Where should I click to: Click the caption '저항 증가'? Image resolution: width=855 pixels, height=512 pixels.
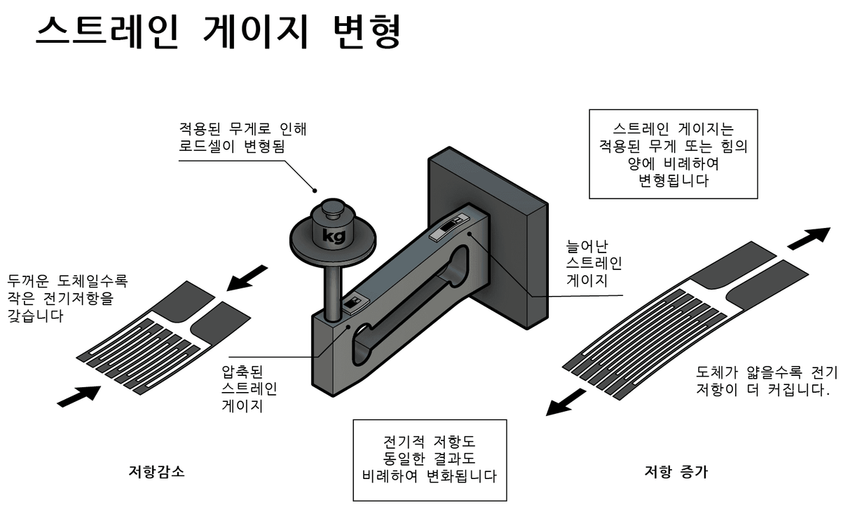[676, 471]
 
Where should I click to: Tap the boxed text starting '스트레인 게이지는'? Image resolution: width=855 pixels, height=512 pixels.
[673, 154]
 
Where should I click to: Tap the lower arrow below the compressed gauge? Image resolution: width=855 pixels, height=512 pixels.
[78, 396]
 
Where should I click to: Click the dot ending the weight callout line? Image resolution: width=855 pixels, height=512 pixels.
[315, 189]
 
